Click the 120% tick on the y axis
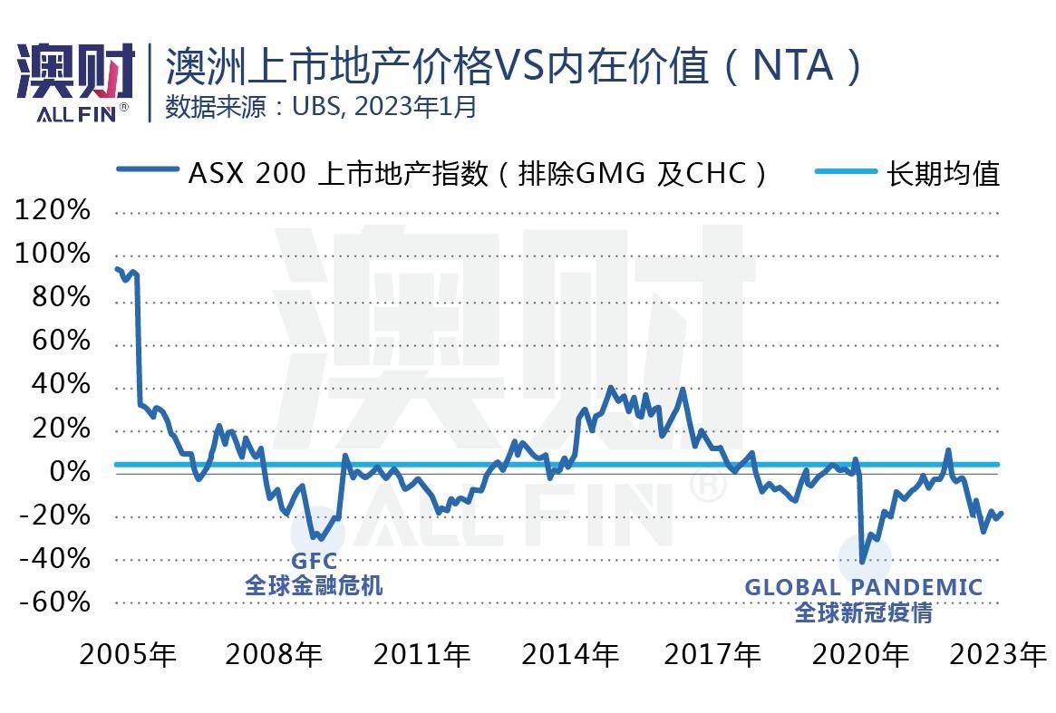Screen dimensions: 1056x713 (53, 210)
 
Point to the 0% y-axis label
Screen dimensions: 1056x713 (70, 471)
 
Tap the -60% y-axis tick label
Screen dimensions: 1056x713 (54, 602)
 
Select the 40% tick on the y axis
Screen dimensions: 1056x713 (61, 384)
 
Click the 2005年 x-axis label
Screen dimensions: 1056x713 (128, 654)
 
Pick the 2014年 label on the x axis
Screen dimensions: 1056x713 (570, 654)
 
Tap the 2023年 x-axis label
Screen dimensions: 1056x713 (998, 654)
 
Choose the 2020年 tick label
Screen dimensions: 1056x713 (860, 654)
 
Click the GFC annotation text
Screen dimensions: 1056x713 (314, 560)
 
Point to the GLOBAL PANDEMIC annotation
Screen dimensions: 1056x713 (864, 587)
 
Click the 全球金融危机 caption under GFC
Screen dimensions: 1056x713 (314, 585)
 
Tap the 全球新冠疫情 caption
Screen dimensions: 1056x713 (864, 612)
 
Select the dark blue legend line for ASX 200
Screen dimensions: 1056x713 (148, 169)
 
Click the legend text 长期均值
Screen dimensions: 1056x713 (943, 174)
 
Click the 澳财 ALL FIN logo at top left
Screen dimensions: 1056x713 (75, 82)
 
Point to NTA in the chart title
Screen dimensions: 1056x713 (792, 66)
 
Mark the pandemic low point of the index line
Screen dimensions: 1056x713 (863, 562)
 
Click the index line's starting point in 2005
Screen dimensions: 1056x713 (117, 269)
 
